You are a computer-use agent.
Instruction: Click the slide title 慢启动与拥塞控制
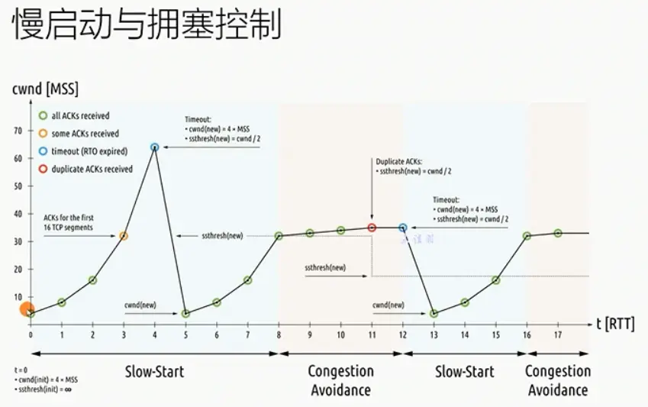click(147, 26)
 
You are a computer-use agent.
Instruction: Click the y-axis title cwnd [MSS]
click(45, 89)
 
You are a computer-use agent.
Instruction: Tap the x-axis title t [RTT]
click(618, 324)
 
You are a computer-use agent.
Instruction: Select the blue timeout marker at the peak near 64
click(155, 147)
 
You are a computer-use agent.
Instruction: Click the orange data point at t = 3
click(124, 236)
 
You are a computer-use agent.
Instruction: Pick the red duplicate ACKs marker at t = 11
click(372, 228)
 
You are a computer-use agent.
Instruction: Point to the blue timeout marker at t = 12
click(403, 228)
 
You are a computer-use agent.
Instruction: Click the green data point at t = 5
click(185, 313)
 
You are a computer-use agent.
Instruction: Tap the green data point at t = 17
click(558, 233)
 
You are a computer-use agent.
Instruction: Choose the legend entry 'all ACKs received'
click(79, 116)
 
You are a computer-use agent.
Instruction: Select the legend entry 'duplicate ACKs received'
click(91, 169)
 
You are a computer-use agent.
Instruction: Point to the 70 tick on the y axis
click(18, 131)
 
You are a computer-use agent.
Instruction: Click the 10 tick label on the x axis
click(340, 335)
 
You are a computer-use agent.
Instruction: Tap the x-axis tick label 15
click(495, 335)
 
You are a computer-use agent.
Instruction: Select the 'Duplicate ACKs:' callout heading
click(398, 162)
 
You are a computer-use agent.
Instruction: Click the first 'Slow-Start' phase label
click(155, 372)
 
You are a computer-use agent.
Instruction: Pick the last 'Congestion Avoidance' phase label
click(558, 380)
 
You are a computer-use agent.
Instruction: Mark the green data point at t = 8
click(279, 236)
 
